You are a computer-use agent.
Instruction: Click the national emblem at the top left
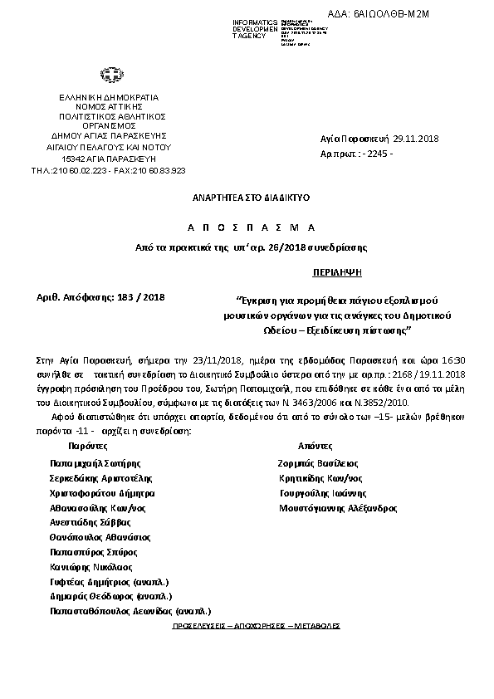pos(108,76)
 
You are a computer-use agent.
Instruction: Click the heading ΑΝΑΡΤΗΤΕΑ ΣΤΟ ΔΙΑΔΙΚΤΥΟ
pos(239,199)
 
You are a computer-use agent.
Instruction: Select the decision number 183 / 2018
pos(143,296)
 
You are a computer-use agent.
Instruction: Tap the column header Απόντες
pos(315,446)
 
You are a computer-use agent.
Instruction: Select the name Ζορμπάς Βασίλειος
pos(320,462)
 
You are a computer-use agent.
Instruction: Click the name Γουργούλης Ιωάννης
pos(323,492)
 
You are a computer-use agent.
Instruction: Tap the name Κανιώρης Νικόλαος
pos(91,566)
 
